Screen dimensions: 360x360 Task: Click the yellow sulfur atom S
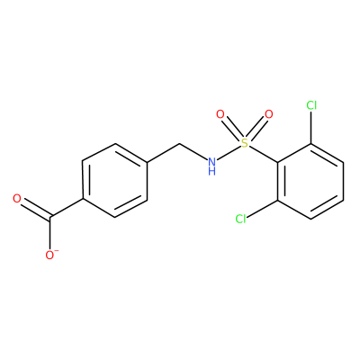[245, 143]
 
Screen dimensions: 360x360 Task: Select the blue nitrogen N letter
[212, 162]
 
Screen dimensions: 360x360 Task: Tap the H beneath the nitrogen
[212, 172]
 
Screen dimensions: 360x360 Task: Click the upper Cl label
[311, 105]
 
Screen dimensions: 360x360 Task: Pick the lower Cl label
[240, 219]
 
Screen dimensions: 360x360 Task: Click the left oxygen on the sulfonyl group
[220, 114]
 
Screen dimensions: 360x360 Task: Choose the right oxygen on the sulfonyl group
[269, 114]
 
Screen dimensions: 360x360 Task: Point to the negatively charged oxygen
[49, 256]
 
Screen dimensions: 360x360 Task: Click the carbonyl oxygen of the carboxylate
[17, 198]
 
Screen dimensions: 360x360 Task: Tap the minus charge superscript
[57, 251]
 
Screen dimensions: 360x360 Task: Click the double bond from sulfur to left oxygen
[233, 130]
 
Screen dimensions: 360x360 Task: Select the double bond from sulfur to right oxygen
[256, 130]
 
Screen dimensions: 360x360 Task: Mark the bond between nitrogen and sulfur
[229, 153]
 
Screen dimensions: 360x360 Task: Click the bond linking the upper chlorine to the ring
[311, 128]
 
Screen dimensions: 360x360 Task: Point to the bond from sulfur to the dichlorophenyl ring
[264, 154]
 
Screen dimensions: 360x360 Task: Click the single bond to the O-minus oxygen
[50, 233]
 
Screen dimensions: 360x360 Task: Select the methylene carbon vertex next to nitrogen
[180, 144]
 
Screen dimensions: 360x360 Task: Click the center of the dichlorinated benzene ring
[311, 181]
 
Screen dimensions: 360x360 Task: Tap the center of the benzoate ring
[115, 181]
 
